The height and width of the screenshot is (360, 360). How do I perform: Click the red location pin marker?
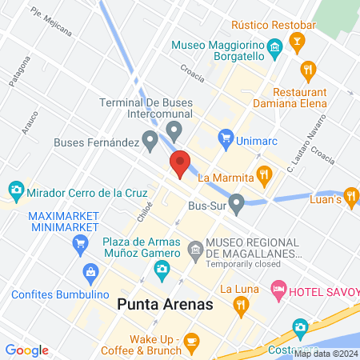coord(179,163)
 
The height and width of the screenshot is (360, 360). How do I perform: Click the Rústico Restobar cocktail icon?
coord(298,43)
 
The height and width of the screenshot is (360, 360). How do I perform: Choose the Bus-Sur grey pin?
coord(237,205)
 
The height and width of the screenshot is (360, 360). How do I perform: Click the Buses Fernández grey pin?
coord(150,142)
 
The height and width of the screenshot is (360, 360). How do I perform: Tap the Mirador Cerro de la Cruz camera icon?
coord(15,192)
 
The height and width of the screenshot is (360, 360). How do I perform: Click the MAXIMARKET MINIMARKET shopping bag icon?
coord(78,248)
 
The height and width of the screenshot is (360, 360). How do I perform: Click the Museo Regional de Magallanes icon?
coord(194,252)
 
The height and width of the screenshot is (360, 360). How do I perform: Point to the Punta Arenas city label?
coord(164,305)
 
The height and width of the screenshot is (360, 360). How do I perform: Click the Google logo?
coord(26,350)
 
